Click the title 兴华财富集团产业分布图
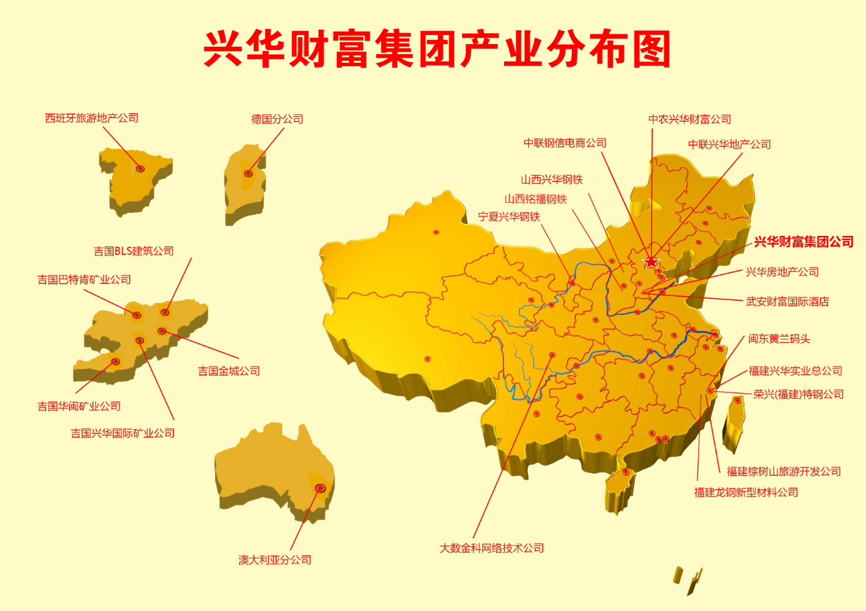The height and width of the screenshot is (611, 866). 436,49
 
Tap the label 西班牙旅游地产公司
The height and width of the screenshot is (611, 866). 92,118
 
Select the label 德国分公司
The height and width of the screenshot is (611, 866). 277,119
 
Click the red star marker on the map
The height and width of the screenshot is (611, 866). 651,262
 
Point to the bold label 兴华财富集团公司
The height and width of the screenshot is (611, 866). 804,242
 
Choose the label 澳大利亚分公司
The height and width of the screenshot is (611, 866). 275,560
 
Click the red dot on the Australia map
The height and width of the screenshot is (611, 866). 321,488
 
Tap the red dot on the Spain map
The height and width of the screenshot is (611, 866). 141,168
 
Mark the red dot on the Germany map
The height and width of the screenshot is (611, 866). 248,174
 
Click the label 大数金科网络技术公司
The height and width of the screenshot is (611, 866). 492,548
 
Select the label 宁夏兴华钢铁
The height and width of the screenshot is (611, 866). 509,217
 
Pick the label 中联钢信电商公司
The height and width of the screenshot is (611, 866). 565,143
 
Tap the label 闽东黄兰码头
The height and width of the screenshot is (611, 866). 779,339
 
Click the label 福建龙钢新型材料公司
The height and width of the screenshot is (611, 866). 746,493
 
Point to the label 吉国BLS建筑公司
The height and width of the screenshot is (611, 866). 134,251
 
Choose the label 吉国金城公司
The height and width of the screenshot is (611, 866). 229,371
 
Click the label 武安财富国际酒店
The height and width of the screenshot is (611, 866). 788,302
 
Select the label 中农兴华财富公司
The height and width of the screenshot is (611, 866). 690,120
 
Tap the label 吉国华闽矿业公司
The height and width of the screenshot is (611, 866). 79,406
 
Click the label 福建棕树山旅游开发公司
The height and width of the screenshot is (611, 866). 784,472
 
